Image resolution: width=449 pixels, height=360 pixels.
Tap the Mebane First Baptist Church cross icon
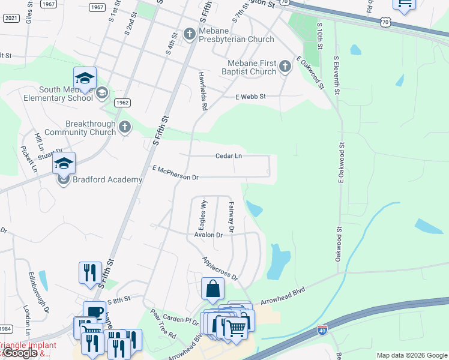click(x=285, y=67)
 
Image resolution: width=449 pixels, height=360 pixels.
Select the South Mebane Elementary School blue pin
click(x=85, y=79)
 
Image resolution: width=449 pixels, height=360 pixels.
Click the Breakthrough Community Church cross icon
click(x=124, y=127)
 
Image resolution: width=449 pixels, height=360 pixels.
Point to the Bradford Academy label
click(x=107, y=179)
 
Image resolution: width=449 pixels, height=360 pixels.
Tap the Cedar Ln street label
click(x=229, y=156)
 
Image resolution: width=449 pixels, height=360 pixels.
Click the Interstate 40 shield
click(x=322, y=329)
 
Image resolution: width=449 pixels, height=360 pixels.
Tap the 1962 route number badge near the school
click(x=122, y=103)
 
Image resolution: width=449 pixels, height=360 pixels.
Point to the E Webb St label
click(x=250, y=96)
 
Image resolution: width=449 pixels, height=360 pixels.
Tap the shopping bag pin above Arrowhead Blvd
click(x=212, y=289)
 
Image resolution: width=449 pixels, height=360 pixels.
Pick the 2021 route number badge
click(x=11, y=18)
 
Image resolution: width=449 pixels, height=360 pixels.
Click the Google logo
click(x=20, y=353)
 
